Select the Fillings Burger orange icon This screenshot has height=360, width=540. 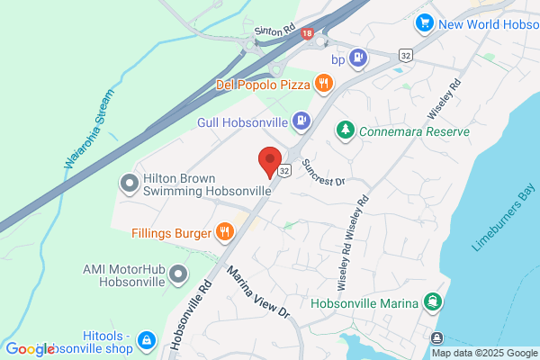pyautogui.click(x=225, y=232)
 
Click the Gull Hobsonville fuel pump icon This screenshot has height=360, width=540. pyautogui.click(x=302, y=120)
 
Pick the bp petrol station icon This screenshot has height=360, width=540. pyautogui.click(x=358, y=59)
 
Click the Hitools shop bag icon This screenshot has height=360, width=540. pyautogui.click(x=147, y=340)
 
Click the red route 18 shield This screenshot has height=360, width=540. pyautogui.click(x=309, y=33)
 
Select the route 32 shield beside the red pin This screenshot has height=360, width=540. pyautogui.click(x=285, y=170)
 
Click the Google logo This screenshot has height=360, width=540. pyautogui.click(x=29, y=349)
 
